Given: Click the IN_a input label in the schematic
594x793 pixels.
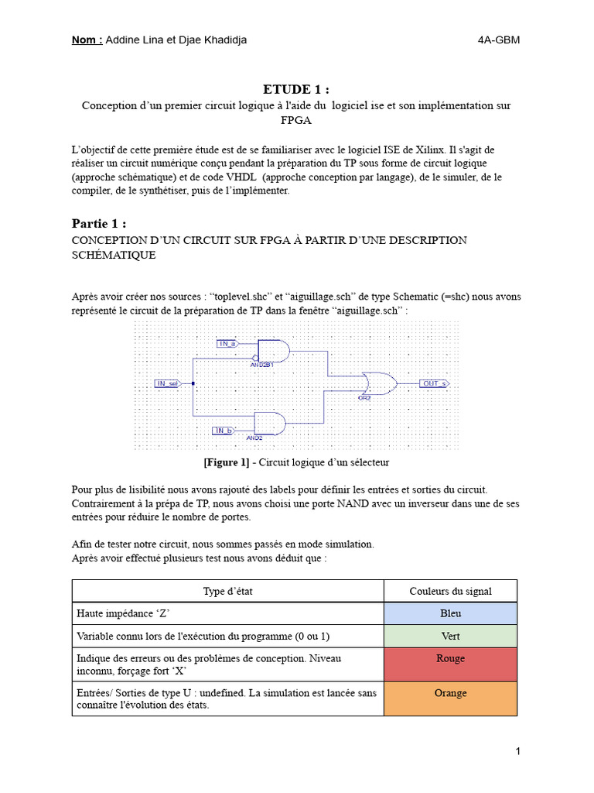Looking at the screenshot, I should coord(228,344).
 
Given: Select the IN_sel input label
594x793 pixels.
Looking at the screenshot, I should coord(167,383).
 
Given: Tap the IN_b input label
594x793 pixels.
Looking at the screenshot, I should coord(224,430).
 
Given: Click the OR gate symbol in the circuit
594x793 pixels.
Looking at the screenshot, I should coord(380,383).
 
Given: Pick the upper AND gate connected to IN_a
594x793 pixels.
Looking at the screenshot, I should coord(273,351).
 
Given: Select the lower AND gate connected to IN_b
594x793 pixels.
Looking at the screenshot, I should coord(269,424).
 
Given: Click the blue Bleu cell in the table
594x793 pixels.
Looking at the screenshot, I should coord(450,613).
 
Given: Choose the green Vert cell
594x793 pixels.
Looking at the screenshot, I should coord(450,636).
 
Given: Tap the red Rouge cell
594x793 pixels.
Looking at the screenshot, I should coord(450,664).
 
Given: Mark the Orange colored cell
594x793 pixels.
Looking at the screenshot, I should coord(450,699).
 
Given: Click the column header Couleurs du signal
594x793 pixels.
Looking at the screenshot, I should coord(450,591).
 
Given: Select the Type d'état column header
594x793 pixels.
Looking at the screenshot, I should coord(228,591).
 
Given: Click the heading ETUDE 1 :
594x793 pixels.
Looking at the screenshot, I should coord(297,90).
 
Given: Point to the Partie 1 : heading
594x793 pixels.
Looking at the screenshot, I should coord(98,224).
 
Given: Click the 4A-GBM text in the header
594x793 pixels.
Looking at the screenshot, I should coord(499,40).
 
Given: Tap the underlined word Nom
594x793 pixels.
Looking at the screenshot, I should coord(86,40).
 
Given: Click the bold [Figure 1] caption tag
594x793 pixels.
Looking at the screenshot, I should coord(227,462).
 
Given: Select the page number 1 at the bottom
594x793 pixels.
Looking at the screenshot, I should coord(517,751).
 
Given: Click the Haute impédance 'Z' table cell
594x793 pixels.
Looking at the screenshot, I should coord(123,613).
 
